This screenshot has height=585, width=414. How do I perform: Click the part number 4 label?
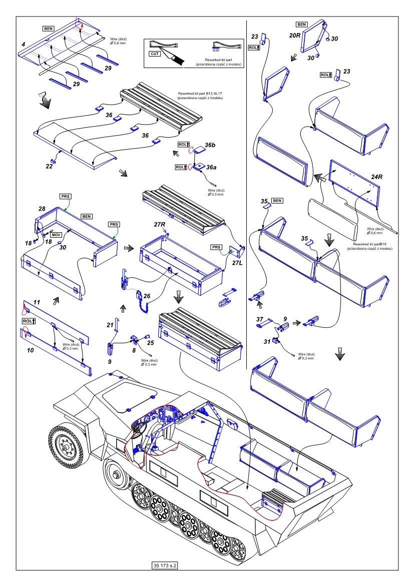23,45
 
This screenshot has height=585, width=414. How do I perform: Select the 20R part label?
295,37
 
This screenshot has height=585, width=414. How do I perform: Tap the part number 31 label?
267,342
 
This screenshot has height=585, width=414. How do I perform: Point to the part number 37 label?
259,319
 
